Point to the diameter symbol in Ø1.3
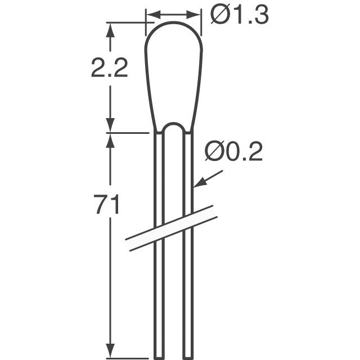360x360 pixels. click(x=219, y=15)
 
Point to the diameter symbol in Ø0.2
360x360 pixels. click(x=214, y=152)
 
